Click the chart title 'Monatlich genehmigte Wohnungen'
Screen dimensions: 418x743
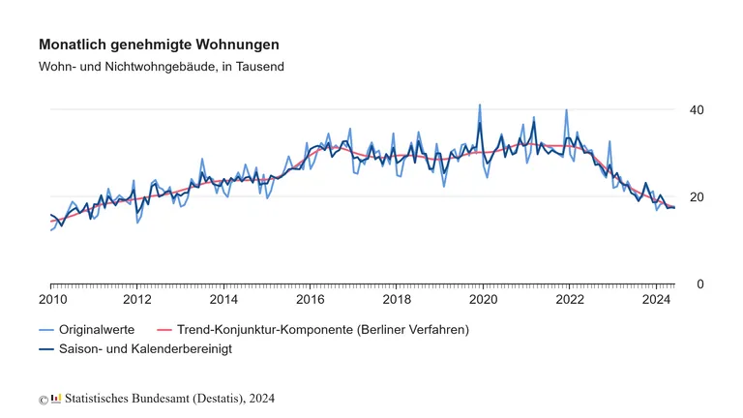coord(159,45)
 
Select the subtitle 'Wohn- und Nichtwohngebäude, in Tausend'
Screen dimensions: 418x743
coord(161,66)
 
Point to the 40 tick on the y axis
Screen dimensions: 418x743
coord(697,110)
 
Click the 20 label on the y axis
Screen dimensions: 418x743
coord(697,197)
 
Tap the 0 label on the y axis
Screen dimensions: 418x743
coord(699,284)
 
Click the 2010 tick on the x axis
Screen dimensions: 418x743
coord(51,301)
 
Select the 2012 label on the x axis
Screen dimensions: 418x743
coord(137,301)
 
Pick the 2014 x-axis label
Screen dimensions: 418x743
coord(223,301)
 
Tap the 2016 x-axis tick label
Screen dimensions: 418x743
coord(310,301)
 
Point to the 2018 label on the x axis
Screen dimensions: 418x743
coord(397,301)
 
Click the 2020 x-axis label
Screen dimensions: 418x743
coord(483,301)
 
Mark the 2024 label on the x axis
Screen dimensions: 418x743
coord(656,301)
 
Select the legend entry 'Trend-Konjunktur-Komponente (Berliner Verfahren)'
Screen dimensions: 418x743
coord(323,330)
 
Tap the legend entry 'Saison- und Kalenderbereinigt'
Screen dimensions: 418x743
coord(146,348)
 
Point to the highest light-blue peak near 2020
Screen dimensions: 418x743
coord(479,104)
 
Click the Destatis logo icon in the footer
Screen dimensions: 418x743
coord(56,398)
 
